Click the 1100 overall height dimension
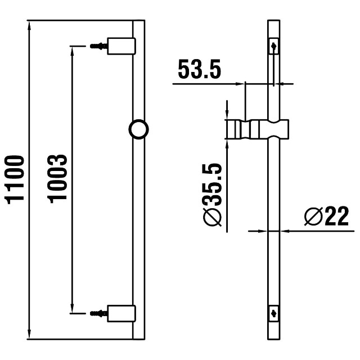tap(16, 179)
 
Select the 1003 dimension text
tap(58, 179)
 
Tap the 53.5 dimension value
tap(199, 70)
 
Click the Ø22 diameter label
tap(326, 216)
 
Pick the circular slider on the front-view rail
tap(138, 129)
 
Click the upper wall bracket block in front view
tap(121, 46)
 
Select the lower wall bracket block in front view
tap(121, 312)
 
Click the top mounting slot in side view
tap(273, 46)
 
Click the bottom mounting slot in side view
tap(273, 312)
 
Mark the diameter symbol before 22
tap(313, 216)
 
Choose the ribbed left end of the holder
tap(234, 129)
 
